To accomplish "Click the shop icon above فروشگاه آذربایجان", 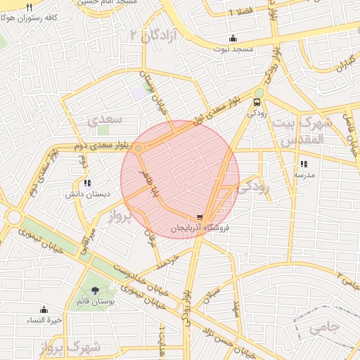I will (x=200, y=217).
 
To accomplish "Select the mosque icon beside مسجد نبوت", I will (x=233, y=38).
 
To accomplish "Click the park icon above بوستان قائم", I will (x=95, y=290).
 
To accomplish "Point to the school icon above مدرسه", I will (x=304, y=163).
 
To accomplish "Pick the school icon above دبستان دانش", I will (x=86, y=183).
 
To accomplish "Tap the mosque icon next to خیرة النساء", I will (x=44, y=309).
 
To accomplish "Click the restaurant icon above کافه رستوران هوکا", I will (x=29, y=8).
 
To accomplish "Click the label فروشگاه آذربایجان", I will (x=200, y=229).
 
